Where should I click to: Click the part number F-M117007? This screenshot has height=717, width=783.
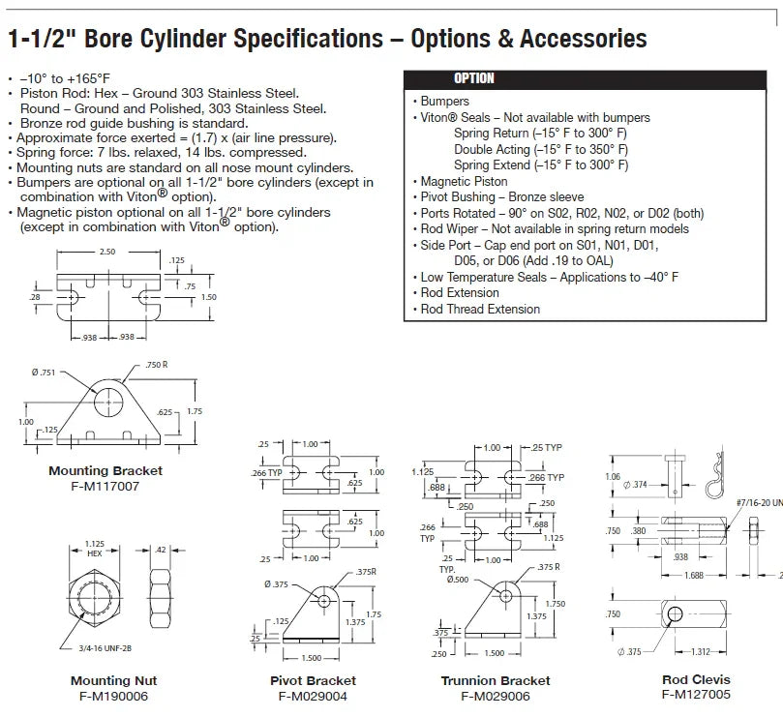click(x=105, y=486)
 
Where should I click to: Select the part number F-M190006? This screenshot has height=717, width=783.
click(x=113, y=696)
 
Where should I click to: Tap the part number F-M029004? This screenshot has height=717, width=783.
click(x=313, y=696)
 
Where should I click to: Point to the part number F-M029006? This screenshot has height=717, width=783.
click(x=496, y=696)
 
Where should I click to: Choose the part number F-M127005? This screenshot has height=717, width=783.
click(x=696, y=694)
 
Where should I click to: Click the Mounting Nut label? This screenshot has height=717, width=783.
click(x=113, y=681)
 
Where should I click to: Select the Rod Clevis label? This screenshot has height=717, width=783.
click(x=696, y=679)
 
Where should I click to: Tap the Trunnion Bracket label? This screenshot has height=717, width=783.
click(x=496, y=681)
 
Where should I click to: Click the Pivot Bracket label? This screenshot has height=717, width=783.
click(x=313, y=681)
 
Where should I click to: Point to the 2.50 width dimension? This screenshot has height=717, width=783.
click(x=105, y=252)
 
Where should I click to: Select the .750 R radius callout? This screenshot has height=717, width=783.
click(x=158, y=364)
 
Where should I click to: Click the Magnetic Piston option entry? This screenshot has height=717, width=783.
click(x=464, y=181)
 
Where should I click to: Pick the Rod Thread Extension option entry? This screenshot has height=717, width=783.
click(x=480, y=309)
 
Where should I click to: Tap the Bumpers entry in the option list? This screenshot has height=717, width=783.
click(x=444, y=101)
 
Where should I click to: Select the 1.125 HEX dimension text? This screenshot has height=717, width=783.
click(x=94, y=549)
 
